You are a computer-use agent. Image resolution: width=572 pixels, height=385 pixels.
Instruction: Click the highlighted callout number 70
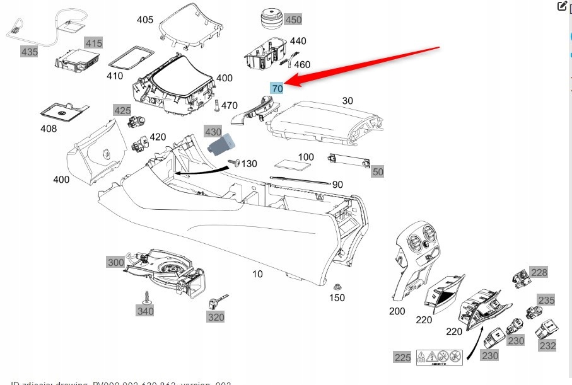[277, 89]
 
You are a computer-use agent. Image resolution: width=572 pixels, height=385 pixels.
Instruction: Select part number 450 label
[293, 20]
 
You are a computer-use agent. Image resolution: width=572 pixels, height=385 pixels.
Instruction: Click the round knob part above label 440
[270, 19]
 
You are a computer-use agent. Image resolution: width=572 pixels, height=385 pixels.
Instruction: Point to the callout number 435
[29, 52]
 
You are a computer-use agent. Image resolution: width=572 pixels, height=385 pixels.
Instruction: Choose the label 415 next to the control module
[93, 43]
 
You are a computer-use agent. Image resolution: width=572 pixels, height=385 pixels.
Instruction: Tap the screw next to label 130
[233, 163]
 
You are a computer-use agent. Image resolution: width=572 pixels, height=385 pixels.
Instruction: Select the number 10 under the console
[257, 274]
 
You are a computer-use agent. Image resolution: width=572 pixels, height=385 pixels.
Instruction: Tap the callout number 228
[539, 272]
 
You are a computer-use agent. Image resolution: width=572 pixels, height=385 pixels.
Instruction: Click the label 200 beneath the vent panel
[397, 311]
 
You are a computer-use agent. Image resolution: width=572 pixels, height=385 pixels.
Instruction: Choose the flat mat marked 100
[294, 166]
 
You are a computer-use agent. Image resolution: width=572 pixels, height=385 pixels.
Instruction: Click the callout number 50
[378, 171]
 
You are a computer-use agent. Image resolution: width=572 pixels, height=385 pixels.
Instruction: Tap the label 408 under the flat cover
[49, 129]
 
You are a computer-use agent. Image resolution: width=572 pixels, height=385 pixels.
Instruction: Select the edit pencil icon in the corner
[563, 6]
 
